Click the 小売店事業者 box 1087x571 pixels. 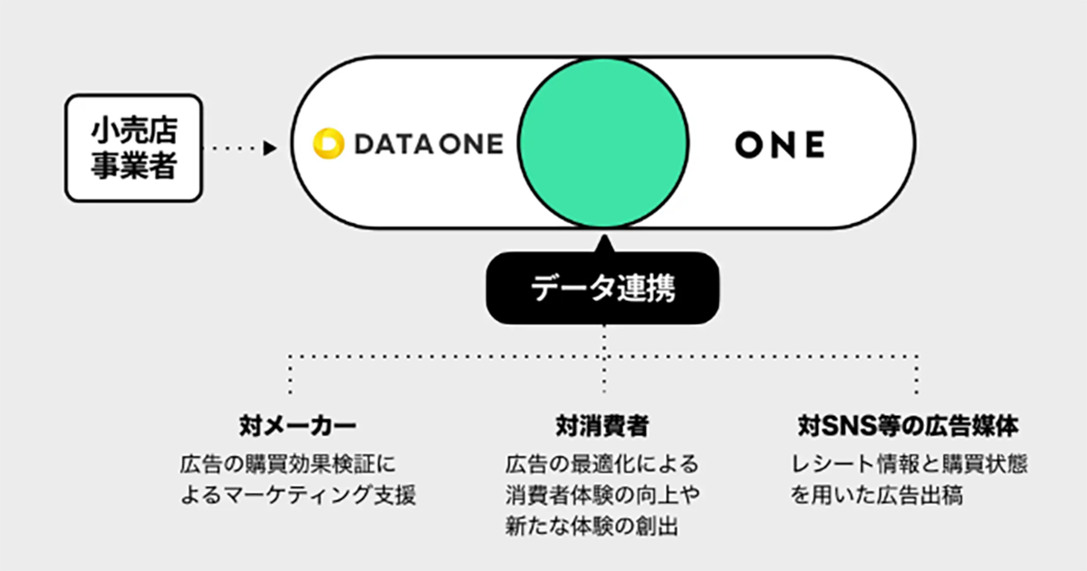point(133,149)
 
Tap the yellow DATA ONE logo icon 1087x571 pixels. point(327,144)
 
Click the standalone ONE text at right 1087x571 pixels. point(779,144)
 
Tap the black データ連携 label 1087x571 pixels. point(603,291)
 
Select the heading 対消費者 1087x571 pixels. point(603,424)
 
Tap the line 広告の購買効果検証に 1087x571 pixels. point(289,465)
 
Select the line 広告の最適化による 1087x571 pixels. point(602,465)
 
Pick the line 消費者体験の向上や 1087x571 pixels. point(602,496)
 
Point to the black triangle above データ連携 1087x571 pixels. point(603,242)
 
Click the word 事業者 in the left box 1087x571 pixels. point(133,167)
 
